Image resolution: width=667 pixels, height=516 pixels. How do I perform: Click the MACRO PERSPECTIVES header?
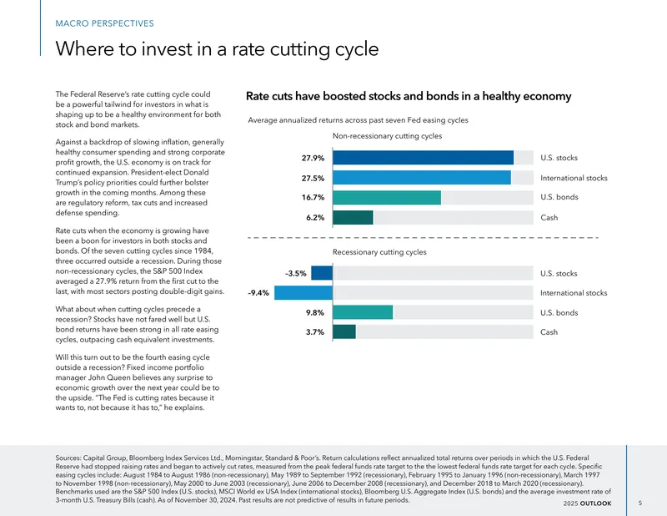click(x=105, y=23)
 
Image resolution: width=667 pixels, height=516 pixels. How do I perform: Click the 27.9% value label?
click(x=313, y=158)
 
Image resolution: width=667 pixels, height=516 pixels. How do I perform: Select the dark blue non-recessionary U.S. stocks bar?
click(x=423, y=158)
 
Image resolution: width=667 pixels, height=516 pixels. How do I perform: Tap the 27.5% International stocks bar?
click(x=422, y=178)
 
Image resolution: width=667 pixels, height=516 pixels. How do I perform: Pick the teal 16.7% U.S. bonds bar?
click(x=387, y=197)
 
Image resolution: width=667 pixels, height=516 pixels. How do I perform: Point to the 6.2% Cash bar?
click(x=353, y=217)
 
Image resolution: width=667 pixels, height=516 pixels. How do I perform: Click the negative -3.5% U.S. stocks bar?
click(x=322, y=273)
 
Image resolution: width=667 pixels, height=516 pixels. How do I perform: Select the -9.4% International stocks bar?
click(x=303, y=293)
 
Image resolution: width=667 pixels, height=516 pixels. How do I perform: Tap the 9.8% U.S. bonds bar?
click(x=363, y=312)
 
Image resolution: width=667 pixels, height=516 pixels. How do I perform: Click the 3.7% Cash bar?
click(x=344, y=332)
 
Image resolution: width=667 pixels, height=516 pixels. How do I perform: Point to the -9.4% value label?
click(x=258, y=293)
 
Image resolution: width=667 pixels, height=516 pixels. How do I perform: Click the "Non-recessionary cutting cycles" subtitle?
click(x=387, y=136)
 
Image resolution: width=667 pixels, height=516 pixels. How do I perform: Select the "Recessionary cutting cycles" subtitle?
click(x=379, y=252)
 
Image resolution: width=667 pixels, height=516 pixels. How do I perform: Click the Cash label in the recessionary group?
click(x=549, y=332)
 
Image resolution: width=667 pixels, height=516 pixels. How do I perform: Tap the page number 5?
click(x=640, y=503)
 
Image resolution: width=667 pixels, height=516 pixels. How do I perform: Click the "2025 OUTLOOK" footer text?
click(x=588, y=503)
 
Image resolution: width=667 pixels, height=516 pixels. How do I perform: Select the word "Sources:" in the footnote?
click(x=68, y=458)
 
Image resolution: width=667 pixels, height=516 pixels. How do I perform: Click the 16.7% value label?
click(x=313, y=198)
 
